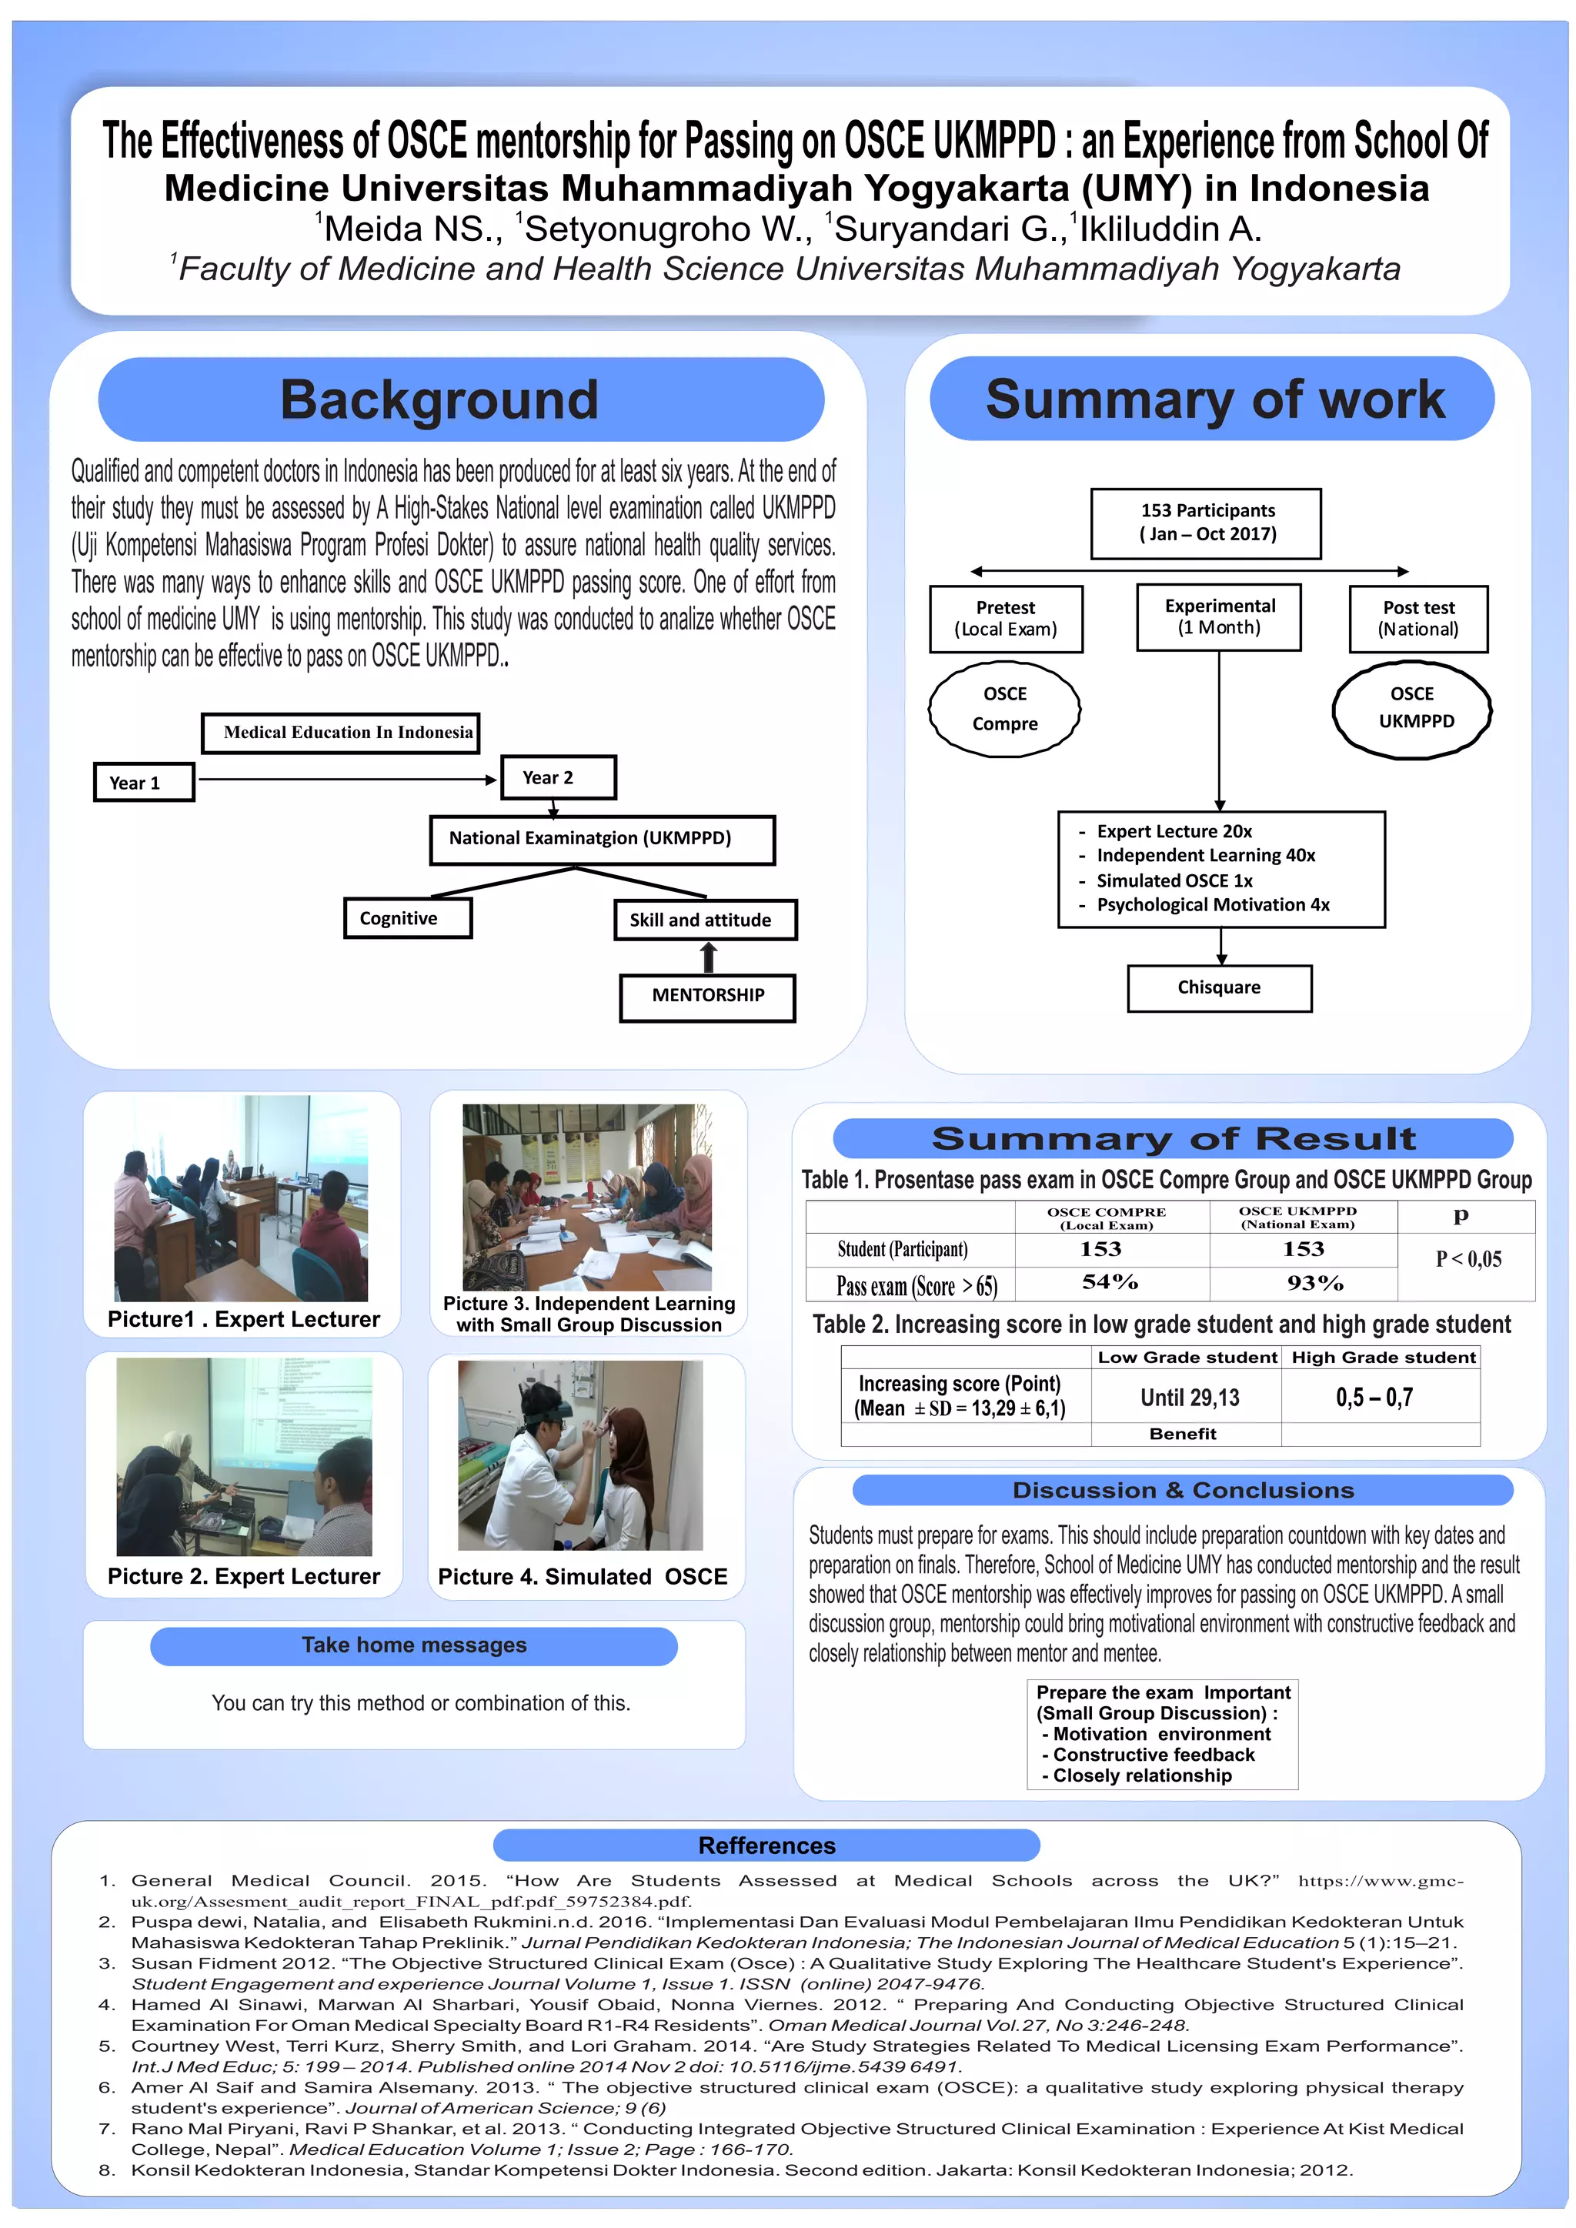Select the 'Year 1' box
144,782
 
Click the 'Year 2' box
558,777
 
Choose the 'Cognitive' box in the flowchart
408,918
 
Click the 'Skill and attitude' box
705,920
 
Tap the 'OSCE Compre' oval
1004,708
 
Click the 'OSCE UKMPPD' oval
1411,708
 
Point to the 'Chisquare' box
1219,988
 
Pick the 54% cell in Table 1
1111,1283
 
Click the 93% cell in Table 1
1315,1283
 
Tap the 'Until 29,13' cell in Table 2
1189,1398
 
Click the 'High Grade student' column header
1383,1358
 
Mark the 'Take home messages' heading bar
413,1645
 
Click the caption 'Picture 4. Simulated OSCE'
583,1577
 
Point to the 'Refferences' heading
766,1846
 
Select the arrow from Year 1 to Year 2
347,779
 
